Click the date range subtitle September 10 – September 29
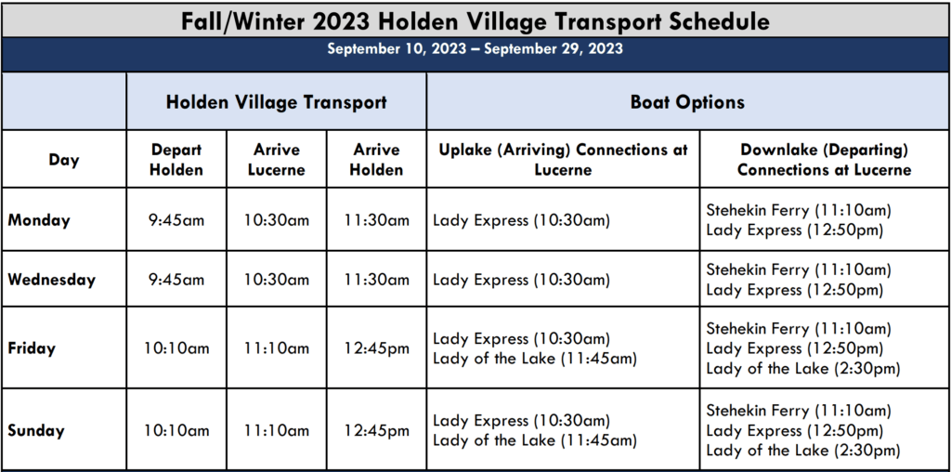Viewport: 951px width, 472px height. [x=475, y=49]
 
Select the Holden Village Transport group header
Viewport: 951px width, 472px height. [x=277, y=101]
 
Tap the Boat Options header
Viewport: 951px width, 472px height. [x=688, y=101]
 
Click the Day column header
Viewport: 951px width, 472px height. [x=64, y=160]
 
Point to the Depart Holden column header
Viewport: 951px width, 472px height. [x=176, y=160]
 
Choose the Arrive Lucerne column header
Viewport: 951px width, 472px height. [x=277, y=160]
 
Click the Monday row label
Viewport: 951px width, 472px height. [x=39, y=219]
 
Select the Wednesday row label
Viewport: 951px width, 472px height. [x=52, y=280]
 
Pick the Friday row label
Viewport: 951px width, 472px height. [x=32, y=348]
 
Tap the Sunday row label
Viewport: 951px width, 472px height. [x=36, y=431]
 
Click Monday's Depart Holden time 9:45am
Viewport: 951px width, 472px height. [x=176, y=219]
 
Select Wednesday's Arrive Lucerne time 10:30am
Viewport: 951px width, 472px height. [x=277, y=280]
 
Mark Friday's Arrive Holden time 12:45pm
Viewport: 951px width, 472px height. [x=377, y=348]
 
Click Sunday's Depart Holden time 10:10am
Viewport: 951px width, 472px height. [x=176, y=431]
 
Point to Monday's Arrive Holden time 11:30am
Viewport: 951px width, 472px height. [x=377, y=219]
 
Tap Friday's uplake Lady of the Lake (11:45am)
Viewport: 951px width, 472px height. [x=535, y=359]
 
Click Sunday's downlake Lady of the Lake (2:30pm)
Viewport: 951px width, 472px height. [x=803, y=450]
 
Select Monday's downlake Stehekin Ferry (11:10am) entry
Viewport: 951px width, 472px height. [x=799, y=210]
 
